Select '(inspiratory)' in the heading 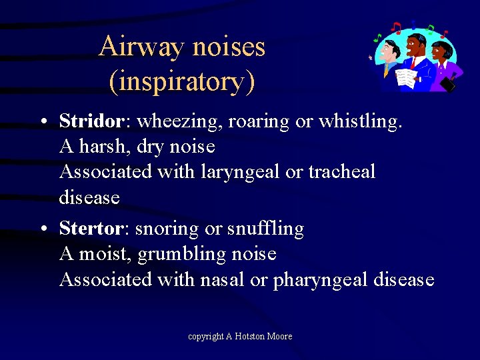(x=181, y=81)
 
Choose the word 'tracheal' (x=341, y=172)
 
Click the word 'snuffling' (x=265, y=229)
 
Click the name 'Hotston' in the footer (x=250, y=337)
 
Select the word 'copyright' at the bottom (x=206, y=337)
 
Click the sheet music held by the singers (x=406, y=77)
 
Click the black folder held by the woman (x=448, y=83)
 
